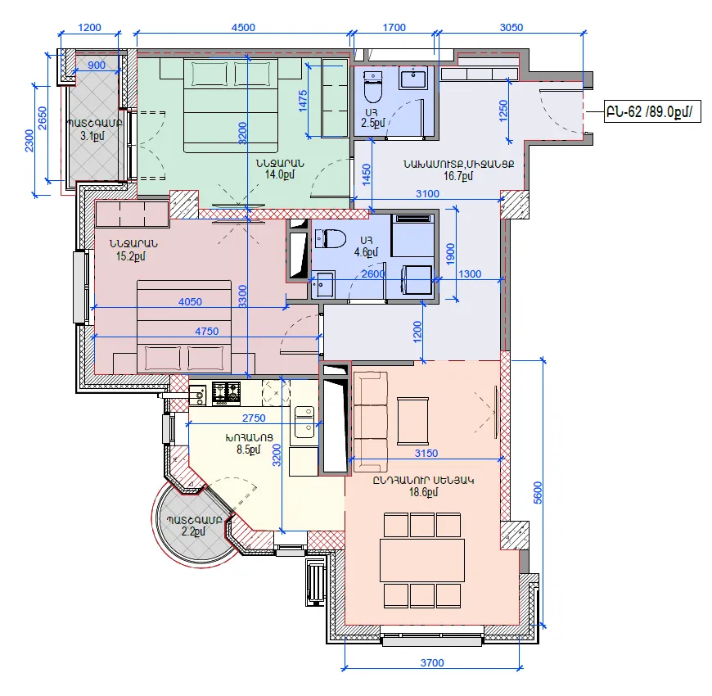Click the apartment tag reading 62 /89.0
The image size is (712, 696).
652,111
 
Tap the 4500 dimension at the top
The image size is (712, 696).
243,27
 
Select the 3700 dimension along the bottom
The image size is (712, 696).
432,662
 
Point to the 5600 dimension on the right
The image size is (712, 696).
538,492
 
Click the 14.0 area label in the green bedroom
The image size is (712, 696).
280,174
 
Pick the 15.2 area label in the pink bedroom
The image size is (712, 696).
131,256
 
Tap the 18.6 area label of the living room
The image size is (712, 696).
424,492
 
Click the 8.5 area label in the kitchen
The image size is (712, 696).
249,450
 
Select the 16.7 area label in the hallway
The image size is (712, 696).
458,176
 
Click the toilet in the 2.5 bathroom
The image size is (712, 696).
373,87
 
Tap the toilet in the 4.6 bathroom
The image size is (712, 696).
331,238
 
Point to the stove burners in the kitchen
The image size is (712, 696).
226,393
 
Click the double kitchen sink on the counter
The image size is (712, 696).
304,423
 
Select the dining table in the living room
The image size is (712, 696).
422,560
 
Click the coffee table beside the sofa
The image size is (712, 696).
412,421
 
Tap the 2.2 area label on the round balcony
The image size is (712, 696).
193,531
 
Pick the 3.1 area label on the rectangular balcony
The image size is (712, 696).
92,135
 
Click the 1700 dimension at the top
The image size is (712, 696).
394,27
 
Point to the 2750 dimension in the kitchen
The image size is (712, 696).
254,418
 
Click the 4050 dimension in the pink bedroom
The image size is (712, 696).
190,301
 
